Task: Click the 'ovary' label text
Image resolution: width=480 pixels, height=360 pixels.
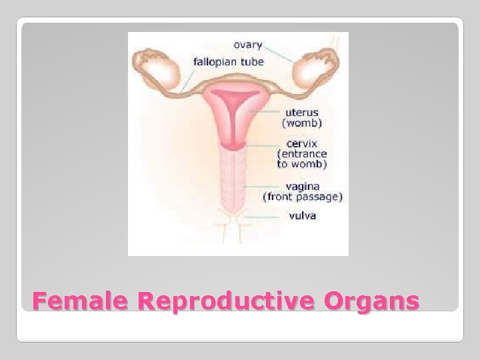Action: point(248,45)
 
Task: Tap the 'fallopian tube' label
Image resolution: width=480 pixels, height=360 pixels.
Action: point(229,62)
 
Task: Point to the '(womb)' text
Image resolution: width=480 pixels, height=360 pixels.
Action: point(303,123)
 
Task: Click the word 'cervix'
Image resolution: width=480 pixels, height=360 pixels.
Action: point(302,143)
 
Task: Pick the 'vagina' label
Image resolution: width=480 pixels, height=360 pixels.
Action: point(303,186)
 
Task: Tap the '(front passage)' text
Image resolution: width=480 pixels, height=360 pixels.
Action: point(303,197)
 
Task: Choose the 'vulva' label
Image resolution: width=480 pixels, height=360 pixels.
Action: point(303,215)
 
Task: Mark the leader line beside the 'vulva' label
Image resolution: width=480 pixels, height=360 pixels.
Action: point(263,216)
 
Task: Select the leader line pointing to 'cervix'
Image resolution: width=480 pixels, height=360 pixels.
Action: point(263,144)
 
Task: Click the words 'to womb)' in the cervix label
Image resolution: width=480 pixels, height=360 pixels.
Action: point(302,163)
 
